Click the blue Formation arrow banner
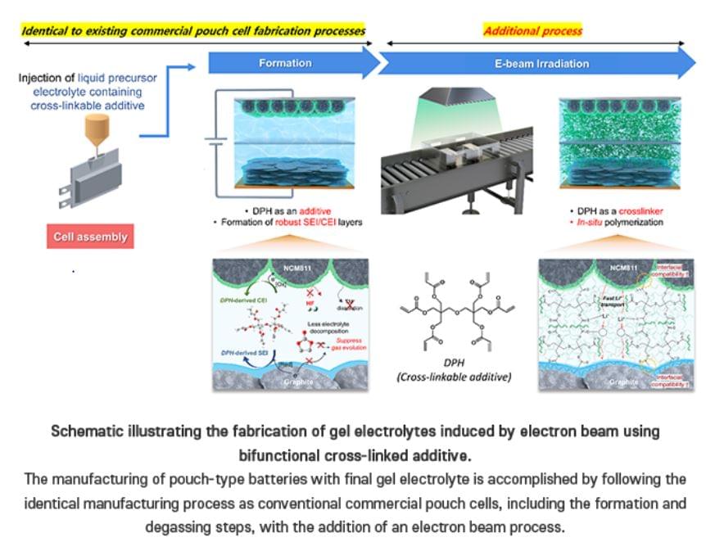[287, 63]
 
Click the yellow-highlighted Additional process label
[532, 31]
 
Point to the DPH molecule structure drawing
[455, 311]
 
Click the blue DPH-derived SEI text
[239, 352]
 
